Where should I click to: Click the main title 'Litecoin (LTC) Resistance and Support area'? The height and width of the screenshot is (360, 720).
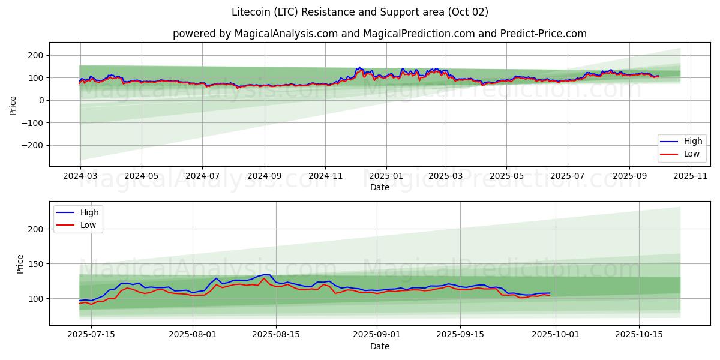[359, 12]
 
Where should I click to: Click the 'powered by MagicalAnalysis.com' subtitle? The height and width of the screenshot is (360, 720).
[379, 34]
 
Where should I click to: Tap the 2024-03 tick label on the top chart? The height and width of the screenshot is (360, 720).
[80, 177]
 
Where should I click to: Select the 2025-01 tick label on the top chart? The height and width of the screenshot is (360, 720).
[386, 177]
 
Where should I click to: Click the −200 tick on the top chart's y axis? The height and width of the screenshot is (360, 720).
[32, 145]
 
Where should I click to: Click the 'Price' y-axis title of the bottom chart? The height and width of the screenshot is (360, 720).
[20, 264]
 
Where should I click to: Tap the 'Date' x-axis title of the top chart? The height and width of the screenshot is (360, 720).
[379, 187]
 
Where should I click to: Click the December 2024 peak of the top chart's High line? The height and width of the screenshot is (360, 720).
[359, 67]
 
